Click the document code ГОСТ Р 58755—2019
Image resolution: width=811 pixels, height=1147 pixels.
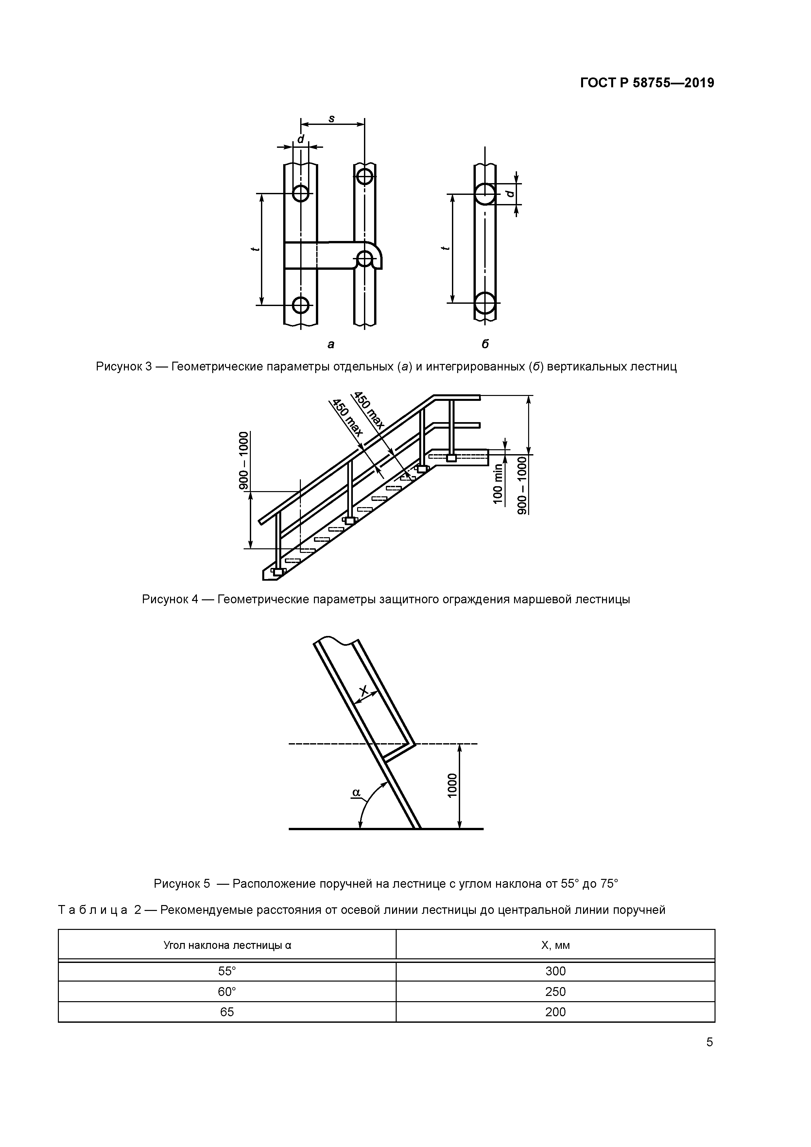tap(647, 83)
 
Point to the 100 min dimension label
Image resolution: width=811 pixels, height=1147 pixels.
tap(498, 484)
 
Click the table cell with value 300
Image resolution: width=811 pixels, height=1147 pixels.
tap(555, 971)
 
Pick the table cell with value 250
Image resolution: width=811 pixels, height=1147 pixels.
tap(555, 992)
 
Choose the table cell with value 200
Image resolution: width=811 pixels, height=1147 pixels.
tap(555, 1012)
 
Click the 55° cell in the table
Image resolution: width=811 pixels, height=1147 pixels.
tap(227, 971)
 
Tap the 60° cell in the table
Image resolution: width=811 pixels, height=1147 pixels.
tap(227, 992)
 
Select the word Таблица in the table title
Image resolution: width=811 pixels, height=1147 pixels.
tap(93, 910)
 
